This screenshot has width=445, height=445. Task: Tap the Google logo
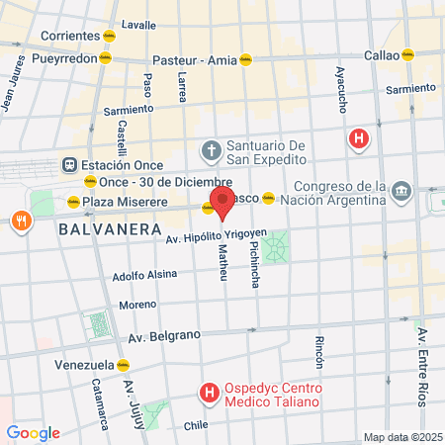tap(33, 433)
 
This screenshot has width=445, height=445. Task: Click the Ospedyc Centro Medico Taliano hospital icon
tap(209, 394)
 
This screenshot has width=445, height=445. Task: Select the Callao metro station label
tap(381, 55)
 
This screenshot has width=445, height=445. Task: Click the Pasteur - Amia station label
tap(194, 59)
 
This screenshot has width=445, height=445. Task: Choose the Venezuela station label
tap(83, 365)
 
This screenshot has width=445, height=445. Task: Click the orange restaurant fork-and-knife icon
tap(19, 221)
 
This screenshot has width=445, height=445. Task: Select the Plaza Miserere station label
tap(120, 202)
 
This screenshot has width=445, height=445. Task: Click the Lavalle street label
tap(137, 23)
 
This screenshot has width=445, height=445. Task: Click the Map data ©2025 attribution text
tap(401, 437)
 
